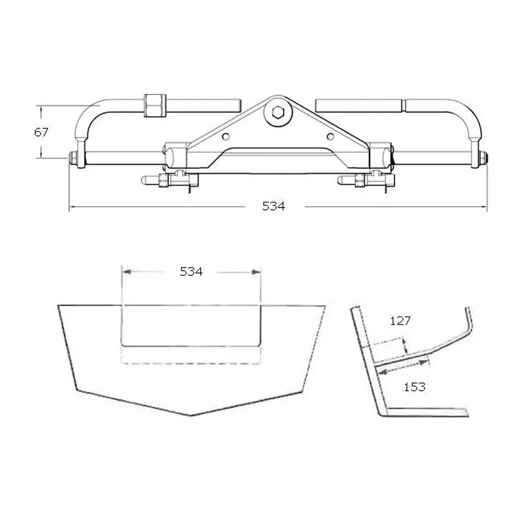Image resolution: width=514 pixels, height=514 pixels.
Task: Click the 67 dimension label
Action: (42, 132)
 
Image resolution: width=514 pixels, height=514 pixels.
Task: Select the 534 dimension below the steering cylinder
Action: (274, 206)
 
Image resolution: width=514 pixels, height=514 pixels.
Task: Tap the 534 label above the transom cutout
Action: (191, 271)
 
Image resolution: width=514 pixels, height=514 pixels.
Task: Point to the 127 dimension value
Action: (400, 320)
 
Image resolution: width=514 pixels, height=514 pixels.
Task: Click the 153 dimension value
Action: (415, 387)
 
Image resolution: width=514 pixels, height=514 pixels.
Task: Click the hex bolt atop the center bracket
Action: (278, 113)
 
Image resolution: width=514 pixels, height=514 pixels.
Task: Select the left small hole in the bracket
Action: (226, 137)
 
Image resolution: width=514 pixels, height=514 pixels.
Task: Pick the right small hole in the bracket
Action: (330, 137)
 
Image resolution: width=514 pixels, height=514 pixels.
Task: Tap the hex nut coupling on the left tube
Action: (155, 105)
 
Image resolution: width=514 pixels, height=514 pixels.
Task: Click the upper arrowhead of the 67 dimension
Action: (41, 109)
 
